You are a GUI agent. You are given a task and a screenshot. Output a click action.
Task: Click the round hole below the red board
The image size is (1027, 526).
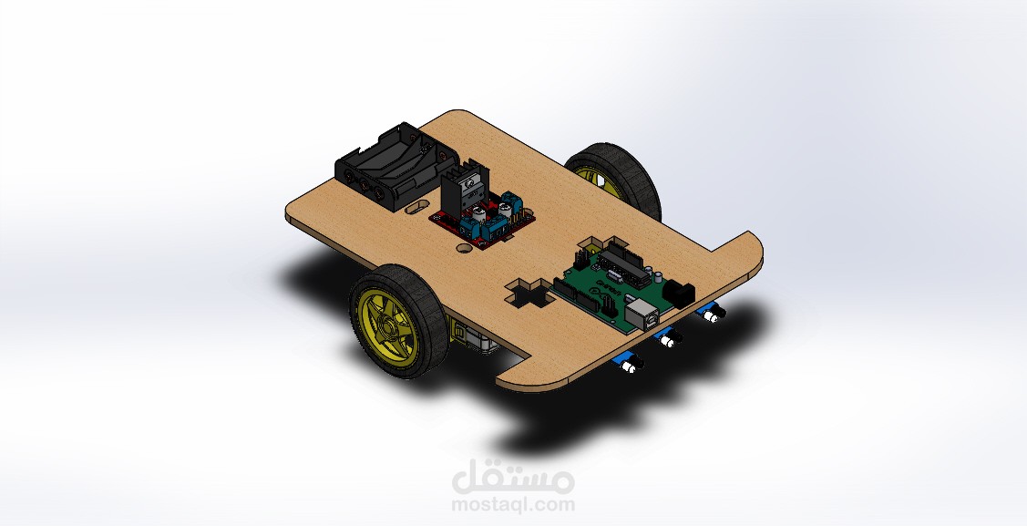pos(464,246)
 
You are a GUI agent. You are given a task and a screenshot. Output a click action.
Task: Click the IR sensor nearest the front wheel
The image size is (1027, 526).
pos(629,366)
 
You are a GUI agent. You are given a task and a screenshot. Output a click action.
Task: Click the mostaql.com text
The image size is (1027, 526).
pos(513,504)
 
